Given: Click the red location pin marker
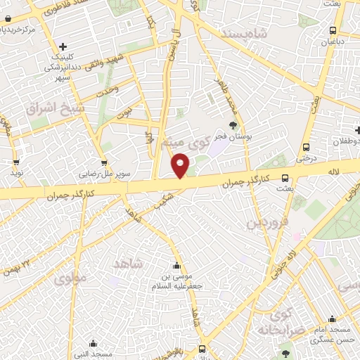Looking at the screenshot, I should [181, 166].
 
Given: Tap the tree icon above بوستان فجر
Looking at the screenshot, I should [233, 124].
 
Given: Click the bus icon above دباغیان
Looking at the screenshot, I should [333, 30].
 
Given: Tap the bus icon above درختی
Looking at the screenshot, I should [306, 147].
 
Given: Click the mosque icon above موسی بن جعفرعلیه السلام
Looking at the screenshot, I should [176, 266].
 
